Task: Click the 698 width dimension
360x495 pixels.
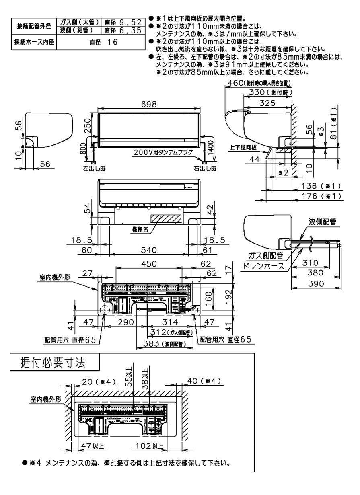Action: [x=149, y=104]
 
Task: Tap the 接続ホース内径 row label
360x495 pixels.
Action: [x=34, y=42]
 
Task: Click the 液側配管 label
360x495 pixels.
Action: [x=323, y=222]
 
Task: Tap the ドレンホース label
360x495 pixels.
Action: [x=261, y=266]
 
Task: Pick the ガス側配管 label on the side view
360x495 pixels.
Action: [x=266, y=255]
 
